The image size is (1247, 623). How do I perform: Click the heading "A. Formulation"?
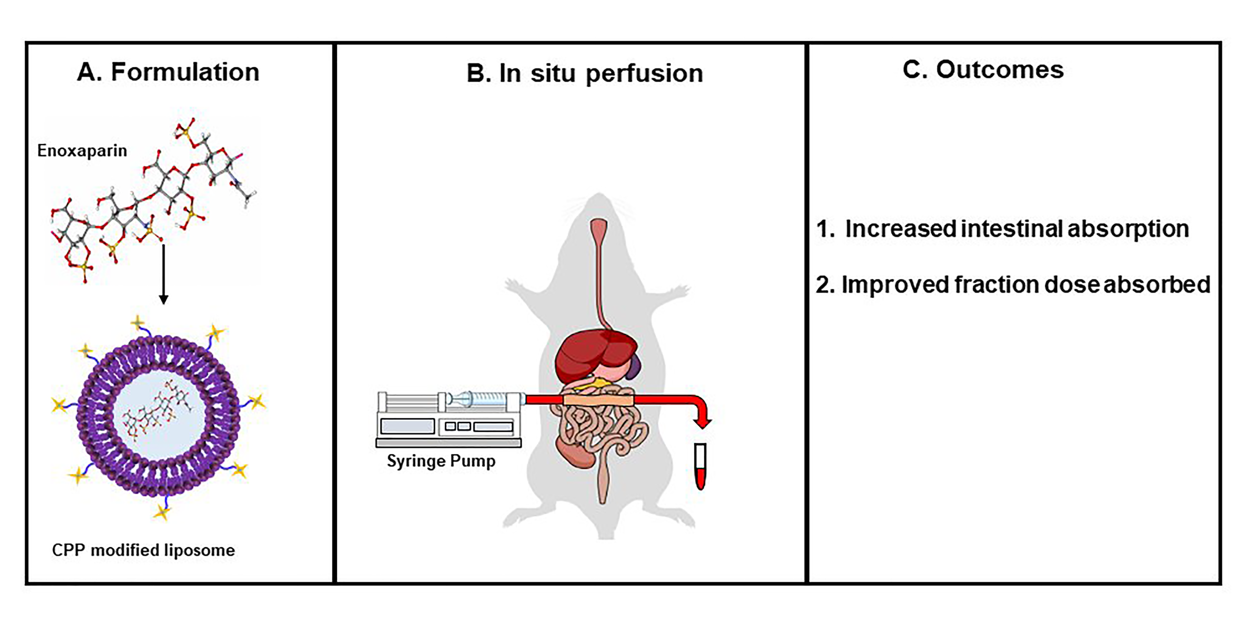coord(168,72)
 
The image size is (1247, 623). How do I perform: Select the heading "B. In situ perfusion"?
coord(584,74)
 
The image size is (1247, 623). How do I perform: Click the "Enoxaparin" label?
coord(82,151)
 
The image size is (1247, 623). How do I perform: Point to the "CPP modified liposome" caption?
coord(143,550)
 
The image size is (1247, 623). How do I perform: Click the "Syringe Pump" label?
coord(441,461)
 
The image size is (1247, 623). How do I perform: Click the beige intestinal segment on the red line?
coord(598,400)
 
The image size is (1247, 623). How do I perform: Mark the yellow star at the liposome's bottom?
coord(162,511)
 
